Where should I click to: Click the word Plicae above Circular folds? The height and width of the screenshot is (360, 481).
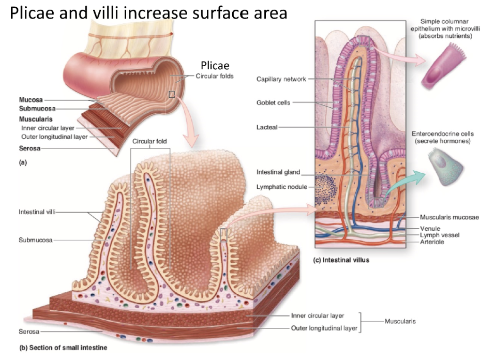tap(215, 65)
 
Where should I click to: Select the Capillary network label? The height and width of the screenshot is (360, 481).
tap(281, 79)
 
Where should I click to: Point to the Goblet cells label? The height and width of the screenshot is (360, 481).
tap(273, 102)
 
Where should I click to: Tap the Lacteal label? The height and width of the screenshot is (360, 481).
tap(267, 127)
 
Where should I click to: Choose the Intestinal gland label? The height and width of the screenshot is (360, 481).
tap(278, 172)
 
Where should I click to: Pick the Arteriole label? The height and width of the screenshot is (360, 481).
tap(432, 242)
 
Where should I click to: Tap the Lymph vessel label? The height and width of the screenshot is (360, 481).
tap(439, 234)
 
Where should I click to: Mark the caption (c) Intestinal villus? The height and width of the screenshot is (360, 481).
tap(342, 260)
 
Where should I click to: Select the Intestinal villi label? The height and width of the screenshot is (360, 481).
tap(37, 212)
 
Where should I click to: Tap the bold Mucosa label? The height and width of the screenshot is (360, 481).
tap(31, 99)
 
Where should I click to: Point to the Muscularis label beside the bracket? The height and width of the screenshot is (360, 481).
tap(400, 321)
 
